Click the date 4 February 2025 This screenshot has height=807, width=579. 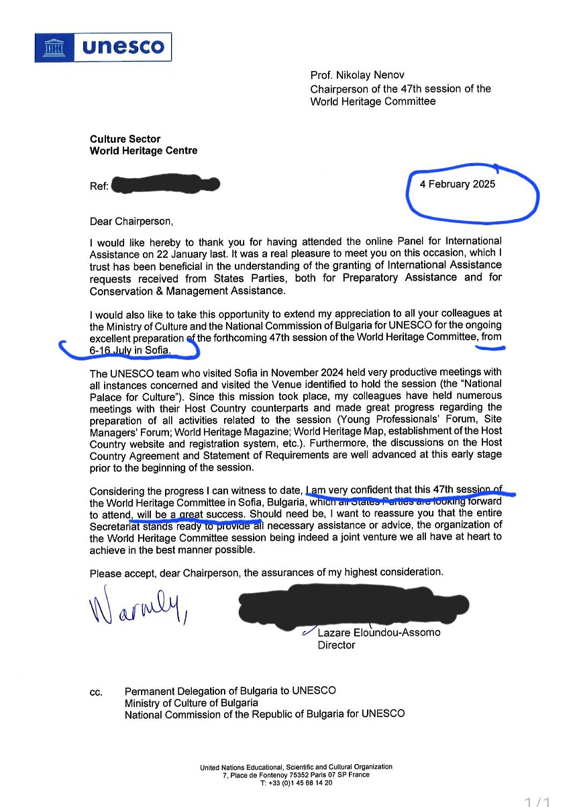pos(458,184)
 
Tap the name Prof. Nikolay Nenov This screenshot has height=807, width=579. pos(357,75)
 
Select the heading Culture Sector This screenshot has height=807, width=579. pos(125,139)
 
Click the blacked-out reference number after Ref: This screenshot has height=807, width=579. pos(165,184)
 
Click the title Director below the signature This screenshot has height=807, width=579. pos(337,645)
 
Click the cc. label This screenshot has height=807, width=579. pos(97,692)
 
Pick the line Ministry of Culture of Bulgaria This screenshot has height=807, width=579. pos(191,702)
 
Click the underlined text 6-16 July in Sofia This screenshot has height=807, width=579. pos(130,350)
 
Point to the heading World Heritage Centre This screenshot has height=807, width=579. pos(144,151)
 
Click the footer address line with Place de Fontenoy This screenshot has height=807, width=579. pos(296,775)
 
